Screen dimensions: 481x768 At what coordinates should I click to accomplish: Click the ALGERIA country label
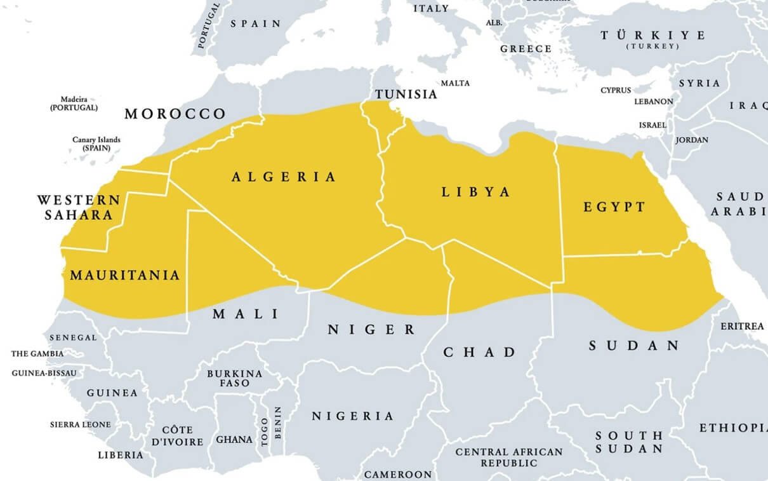point(284,177)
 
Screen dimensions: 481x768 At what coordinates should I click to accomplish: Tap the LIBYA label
point(476,192)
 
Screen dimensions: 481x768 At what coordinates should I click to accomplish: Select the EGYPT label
point(614,207)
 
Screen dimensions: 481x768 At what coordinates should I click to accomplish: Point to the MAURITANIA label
point(125,276)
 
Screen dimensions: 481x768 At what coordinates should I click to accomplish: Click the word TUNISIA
point(406,95)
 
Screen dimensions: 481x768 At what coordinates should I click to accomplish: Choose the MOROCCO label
point(175,114)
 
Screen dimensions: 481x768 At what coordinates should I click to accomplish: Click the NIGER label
point(371,330)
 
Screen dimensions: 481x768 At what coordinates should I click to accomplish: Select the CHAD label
point(479,352)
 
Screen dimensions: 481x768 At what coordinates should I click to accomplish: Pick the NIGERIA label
point(352,416)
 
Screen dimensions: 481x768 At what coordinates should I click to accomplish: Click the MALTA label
point(455,83)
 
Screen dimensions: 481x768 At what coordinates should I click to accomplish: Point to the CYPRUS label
point(616,90)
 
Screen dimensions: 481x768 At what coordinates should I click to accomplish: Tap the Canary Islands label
point(96,144)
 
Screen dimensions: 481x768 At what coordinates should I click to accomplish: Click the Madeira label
point(74,104)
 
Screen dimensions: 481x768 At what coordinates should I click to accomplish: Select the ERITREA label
point(742,326)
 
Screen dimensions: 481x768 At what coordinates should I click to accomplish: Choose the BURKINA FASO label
point(234,378)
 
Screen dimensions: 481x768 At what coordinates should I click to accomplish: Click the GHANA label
point(234,439)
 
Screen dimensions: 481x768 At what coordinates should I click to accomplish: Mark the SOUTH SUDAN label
point(628,442)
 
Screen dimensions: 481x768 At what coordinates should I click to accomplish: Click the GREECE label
point(526,49)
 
